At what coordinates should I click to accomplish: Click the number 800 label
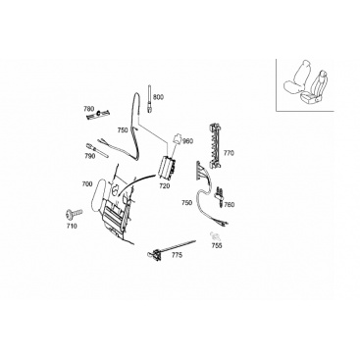coord(158,97)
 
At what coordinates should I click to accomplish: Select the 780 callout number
coord(89,109)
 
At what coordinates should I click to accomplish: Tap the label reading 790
coord(90,156)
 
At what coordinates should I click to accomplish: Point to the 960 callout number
coord(188,141)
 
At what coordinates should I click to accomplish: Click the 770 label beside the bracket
coord(229,153)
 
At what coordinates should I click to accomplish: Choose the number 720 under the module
coord(165,186)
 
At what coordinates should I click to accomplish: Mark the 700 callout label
coord(87,184)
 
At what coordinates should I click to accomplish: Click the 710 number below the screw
coord(72,226)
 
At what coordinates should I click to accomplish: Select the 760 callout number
coord(230,205)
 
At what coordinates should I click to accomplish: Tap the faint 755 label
coord(217,245)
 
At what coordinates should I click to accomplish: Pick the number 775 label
coord(177,255)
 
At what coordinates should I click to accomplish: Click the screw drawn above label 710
coord(74,214)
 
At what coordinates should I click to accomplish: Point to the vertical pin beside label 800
coord(149,98)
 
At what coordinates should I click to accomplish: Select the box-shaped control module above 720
coord(168,169)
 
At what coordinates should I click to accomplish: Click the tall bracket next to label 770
coord(215,146)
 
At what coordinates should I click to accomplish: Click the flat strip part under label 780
coord(97,115)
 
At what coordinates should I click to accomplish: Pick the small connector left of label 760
coord(219,196)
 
